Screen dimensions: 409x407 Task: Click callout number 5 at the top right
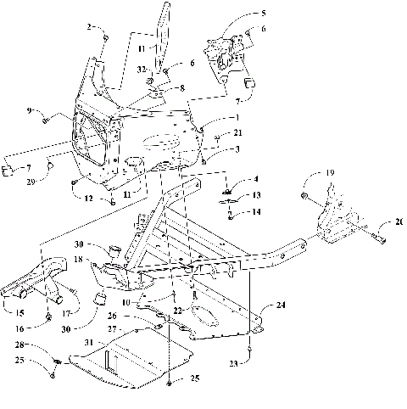tap(262, 14)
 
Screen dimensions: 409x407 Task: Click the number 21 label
tap(238, 132)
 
